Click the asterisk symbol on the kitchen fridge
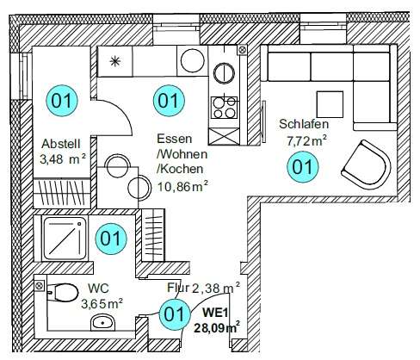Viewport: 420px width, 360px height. [x=115, y=61]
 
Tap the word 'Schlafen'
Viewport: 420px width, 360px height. [x=304, y=123]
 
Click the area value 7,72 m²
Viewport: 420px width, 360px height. [x=307, y=140]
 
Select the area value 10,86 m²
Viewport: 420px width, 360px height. [x=182, y=184]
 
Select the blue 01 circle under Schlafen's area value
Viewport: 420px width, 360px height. [x=301, y=167]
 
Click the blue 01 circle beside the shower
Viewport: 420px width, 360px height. [x=110, y=237]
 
